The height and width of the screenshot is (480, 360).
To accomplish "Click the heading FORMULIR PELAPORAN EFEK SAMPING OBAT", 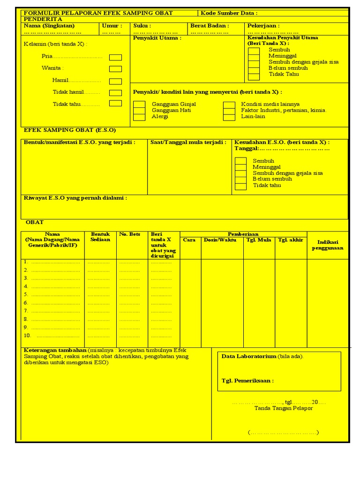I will click(x=98, y=13).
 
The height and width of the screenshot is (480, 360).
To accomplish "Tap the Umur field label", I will click(x=112, y=26).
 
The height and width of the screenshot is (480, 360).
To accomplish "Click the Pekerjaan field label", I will click(x=263, y=26).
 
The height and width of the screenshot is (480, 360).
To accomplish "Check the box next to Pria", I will click(x=115, y=57).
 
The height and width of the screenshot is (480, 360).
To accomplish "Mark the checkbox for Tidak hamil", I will click(x=115, y=93).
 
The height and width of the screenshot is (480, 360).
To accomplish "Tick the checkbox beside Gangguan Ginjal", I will click(x=139, y=104).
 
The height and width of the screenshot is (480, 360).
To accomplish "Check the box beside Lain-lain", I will click(x=229, y=117).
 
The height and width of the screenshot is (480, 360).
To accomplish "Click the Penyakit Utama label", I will click(x=157, y=38).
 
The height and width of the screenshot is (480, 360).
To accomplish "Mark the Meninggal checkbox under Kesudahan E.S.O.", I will click(x=240, y=167).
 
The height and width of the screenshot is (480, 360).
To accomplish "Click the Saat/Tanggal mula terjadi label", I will click(x=188, y=142).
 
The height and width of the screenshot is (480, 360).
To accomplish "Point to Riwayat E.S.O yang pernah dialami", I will click(x=75, y=198).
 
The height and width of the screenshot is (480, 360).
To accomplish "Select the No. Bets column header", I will click(x=130, y=234).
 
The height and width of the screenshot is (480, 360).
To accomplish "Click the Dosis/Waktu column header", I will click(x=220, y=240).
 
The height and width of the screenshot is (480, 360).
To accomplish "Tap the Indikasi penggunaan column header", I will click(x=328, y=245).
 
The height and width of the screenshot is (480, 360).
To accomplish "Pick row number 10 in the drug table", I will click(x=27, y=336).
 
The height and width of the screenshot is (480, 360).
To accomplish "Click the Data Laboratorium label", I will click(x=249, y=356).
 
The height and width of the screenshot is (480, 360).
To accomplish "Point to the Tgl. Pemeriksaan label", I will click(x=247, y=381).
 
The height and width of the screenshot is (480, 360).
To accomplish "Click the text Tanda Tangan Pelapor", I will click(x=283, y=408).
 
